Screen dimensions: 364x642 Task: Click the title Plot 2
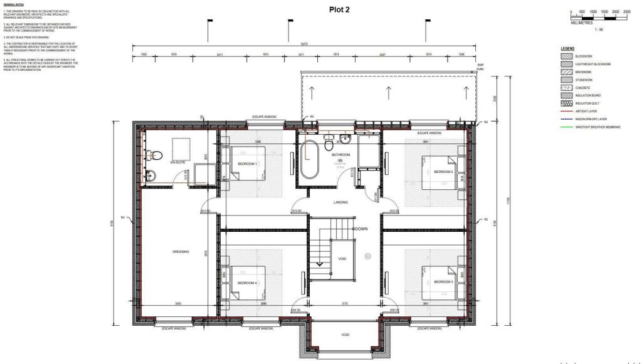click(339, 9)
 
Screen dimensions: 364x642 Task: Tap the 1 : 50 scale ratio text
click(599, 30)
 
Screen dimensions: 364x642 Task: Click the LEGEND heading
click(567, 48)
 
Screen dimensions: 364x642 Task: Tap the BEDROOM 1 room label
click(247, 164)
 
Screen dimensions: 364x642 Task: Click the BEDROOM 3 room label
click(443, 282)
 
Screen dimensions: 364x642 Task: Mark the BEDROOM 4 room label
click(247, 283)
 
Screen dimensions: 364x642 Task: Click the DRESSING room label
click(181, 252)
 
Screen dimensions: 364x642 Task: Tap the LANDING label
click(340, 202)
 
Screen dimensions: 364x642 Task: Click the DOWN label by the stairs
click(360, 229)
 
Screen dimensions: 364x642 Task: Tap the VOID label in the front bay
click(345, 335)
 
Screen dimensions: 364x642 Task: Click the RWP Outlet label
click(480, 66)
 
